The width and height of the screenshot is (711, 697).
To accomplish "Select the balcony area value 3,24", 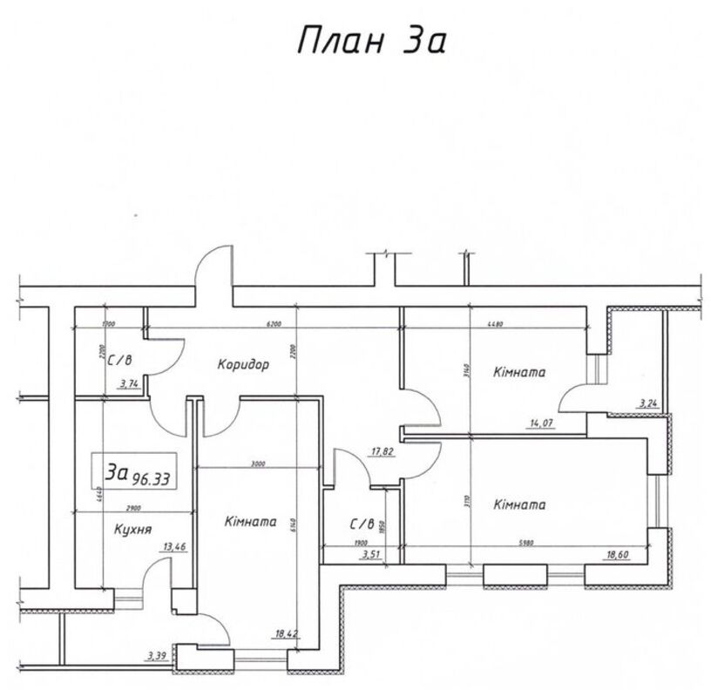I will [x=648, y=403].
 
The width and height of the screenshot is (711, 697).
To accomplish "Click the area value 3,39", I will [x=156, y=654].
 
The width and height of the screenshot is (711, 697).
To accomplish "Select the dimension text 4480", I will [x=496, y=323].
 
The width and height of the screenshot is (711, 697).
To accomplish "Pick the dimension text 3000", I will [x=257, y=464].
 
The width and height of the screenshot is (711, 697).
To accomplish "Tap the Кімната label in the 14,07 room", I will [x=518, y=372].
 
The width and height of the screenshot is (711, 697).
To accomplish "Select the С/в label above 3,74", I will [x=121, y=356].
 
